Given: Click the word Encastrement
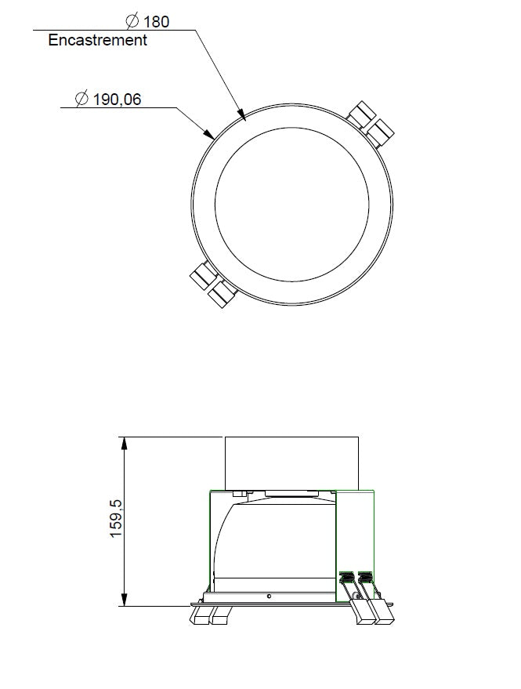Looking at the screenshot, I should coord(97,40).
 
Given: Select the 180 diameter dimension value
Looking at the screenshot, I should coord(156,21).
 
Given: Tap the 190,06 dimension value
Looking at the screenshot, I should coord(117,100).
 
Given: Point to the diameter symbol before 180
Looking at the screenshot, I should coord(133,21).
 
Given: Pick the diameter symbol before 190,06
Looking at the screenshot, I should coord(81,100).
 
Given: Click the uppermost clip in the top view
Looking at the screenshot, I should coord(362,114).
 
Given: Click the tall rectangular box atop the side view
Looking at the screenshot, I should coord(291,462).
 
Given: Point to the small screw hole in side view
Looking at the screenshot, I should coord(269,596).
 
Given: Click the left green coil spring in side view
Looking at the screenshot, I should coord(345,580).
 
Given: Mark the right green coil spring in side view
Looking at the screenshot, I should coord(364,580).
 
